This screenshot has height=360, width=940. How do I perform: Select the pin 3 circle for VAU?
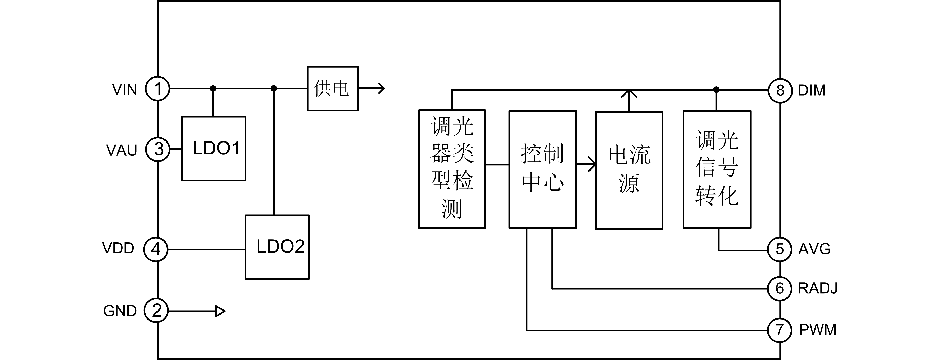point(158,149)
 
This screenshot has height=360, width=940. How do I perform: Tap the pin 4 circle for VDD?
point(156,249)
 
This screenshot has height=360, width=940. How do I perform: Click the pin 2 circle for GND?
point(156,311)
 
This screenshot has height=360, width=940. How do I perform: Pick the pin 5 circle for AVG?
point(780,249)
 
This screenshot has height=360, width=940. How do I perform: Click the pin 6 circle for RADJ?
point(780,288)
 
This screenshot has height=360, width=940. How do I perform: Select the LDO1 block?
point(214,148)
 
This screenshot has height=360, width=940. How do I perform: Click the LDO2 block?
point(277,247)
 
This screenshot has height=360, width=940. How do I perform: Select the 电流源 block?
point(629,170)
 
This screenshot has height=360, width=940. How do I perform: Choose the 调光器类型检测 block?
point(452,169)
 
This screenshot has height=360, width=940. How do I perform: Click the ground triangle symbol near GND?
point(220,311)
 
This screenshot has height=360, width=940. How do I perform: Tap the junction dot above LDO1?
point(213,88)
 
